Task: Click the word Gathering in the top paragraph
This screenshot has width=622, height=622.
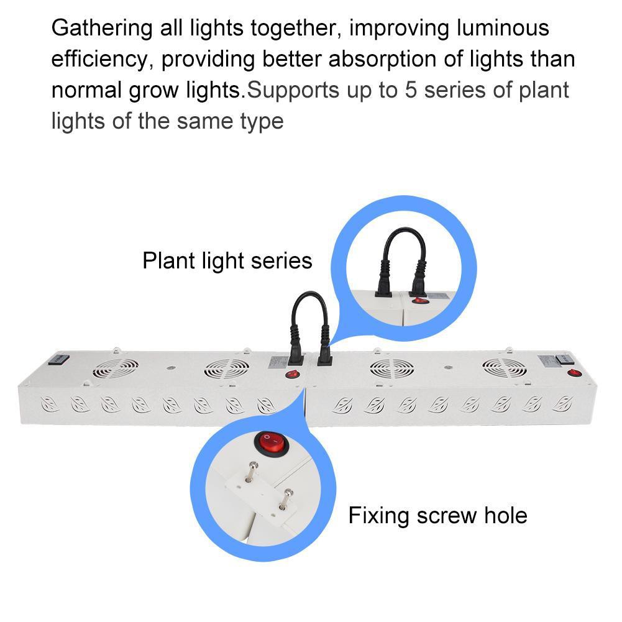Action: pyautogui.click(x=102, y=28)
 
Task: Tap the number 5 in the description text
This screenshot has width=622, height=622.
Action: pyautogui.click(x=411, y=90)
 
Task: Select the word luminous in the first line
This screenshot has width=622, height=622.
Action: pyautogui.click(x=503, y=28)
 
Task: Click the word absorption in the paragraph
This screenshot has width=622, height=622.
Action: pyautogui.click(x=382, y=60)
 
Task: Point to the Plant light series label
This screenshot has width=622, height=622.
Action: pyautogui.click(x=227, y=261)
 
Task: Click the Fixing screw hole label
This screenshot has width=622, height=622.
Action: pyautogui.click(x=437, y=516)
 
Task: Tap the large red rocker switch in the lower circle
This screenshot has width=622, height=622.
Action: pyautogui.click(x=272, y=444)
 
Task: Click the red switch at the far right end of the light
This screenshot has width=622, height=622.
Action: pyautogui.click(x=574, y=372)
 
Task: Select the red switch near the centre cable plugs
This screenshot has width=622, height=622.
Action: pyautogui.click(x=293, y=374)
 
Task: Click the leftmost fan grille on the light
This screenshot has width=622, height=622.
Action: pyautogui.click(x=116, y=368)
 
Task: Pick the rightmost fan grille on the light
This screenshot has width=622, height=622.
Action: pyautogui.click(x=505, y=368)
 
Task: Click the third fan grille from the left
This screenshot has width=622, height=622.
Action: pyautogui.click(x=392, y=368)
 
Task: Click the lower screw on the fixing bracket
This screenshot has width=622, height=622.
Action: pyautogui.click(x=286, y=499)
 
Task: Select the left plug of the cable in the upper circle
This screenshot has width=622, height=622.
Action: pyautogui.click(x=384, y=278)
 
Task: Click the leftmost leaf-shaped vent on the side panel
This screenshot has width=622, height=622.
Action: pyautogui.click(x=50, y=405)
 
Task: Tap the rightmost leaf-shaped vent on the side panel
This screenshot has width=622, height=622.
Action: pyautogui.click(x=562, y=404)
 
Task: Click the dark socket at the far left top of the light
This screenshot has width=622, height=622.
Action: pyautogui.click(x=58, y=360)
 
